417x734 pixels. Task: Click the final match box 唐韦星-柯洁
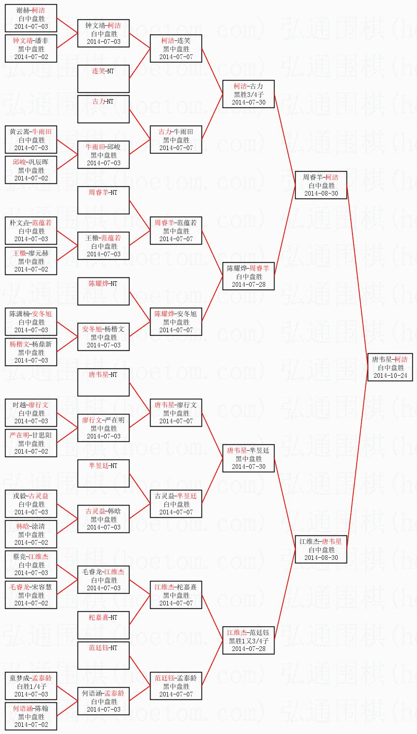390,367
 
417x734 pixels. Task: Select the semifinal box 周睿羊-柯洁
321,185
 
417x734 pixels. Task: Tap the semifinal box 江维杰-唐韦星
321,549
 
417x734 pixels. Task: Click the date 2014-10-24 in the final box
390,375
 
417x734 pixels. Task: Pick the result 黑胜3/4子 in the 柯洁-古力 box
248,94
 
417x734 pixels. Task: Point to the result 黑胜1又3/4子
248,641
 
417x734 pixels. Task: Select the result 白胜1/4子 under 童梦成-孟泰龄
31,686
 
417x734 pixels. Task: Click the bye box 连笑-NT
103,78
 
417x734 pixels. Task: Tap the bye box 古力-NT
103,109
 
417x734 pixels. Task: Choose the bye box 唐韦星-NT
103,382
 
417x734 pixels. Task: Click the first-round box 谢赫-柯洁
31,18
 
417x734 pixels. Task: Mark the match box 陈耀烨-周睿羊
248,276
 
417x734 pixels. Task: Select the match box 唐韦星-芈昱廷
248,458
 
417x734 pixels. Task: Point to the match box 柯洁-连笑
176,48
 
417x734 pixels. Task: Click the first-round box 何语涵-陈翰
31,716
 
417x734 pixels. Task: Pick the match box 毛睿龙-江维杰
103,580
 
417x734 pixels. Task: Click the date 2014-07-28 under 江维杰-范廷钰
248,649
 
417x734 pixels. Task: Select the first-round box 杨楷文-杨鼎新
31,352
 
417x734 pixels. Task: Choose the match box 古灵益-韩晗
103,519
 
